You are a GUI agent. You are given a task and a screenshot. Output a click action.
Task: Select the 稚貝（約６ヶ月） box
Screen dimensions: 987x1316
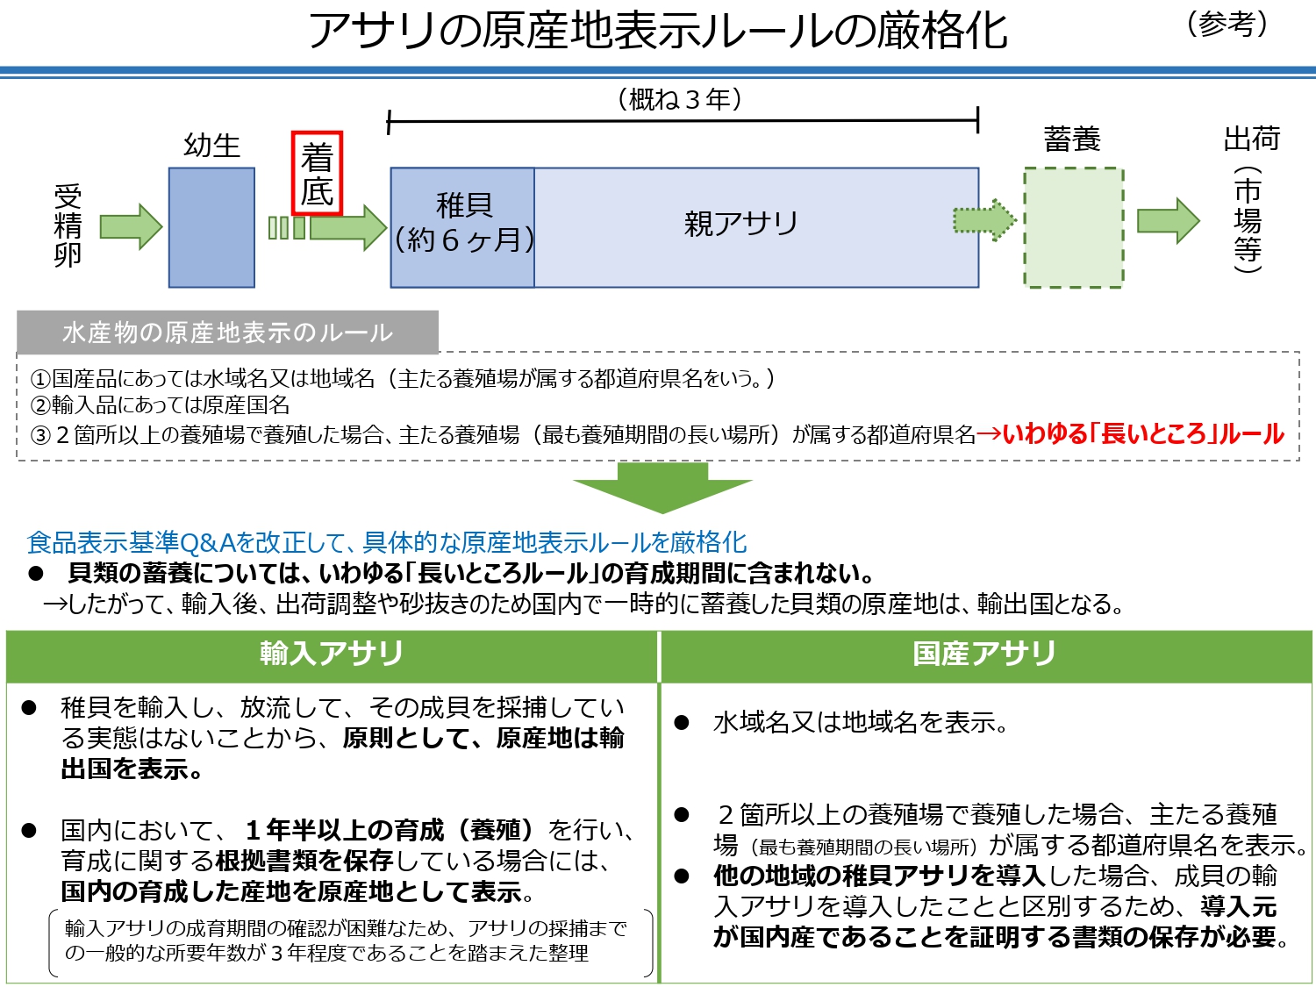pyautogui.click(x=462, y=227)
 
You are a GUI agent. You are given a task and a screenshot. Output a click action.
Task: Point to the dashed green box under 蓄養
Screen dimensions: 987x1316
pyautogui.click(x=1073, y=227)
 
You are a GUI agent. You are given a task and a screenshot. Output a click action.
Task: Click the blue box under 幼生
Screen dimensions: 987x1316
pyautogui.click(x=211, y=227)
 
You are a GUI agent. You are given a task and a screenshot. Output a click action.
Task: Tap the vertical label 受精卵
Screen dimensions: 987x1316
pyautogui.click(x=68, y=225)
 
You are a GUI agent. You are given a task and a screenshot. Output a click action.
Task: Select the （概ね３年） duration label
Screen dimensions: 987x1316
pyautogui.click(x=682, y=99)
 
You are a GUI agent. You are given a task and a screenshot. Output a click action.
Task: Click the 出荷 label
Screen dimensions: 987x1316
pyautogui.click(x=1251, y=139)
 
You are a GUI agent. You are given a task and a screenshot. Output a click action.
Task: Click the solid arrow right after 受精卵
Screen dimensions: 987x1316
pyautogui.click(x=131, y=226)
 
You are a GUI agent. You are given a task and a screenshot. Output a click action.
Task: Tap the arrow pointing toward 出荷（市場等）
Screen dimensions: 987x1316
pyautogui.click(x=1168, y=221)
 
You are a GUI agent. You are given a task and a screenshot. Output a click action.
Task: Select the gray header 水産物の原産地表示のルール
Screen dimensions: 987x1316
pyautogui.click(x=227, y=333)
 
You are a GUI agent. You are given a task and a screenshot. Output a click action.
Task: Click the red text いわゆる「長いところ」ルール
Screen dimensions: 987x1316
pyautogui.click(x=1141, y=433)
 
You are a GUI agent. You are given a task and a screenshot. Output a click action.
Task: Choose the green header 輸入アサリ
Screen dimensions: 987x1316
pyautogui.click(x=332, y=654)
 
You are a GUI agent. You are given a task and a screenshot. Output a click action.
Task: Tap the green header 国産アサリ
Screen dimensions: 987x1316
pyautogui.click(x=984, y=654)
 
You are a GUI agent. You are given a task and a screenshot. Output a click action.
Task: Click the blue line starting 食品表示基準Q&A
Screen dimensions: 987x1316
pyautogui.click(x=387, y=542)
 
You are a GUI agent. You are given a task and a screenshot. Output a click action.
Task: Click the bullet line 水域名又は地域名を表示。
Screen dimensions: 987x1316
pyautogui.click(x=860, y=723)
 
